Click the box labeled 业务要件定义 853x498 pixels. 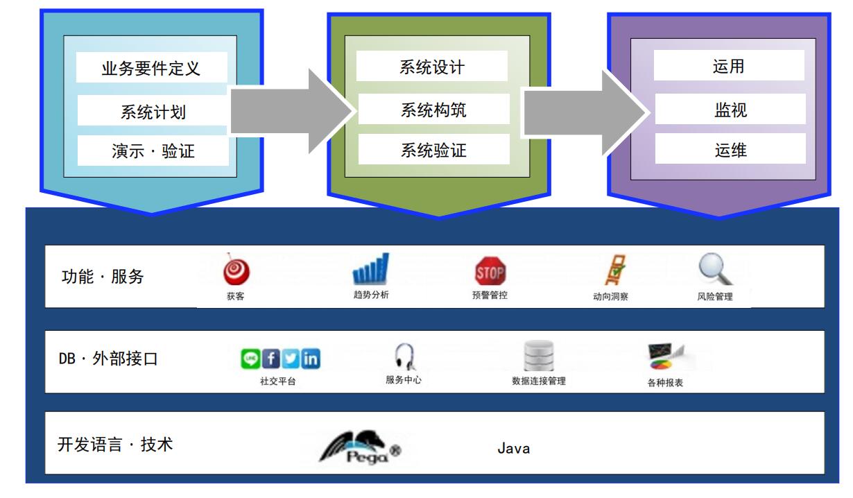[x=152, y=67]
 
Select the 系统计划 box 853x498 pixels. [x=153, y=110]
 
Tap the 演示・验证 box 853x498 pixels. [x=153, y=151]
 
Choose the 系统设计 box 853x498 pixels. [x=432, y=66]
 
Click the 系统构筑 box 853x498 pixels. [x=434, y=109]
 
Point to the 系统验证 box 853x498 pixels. [x=434, y=149]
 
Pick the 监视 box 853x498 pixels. [x=730, y=109]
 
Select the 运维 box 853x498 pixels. [x=730, y=149]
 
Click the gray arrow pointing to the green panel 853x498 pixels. [x=291, y=111]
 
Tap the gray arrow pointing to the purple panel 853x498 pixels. [x=585, y=112]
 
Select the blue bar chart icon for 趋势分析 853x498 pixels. [x=370, y=268]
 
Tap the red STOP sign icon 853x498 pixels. [x=490, y=271]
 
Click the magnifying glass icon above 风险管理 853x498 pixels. [x=715, y=269]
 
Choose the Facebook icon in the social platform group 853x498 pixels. [x=270, y=359]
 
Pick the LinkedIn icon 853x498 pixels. [x=311, y=359]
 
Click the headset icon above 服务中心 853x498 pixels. [x=404, y=357]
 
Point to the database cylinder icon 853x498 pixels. [x=538, y=356]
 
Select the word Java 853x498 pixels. [x=514, y=449]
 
